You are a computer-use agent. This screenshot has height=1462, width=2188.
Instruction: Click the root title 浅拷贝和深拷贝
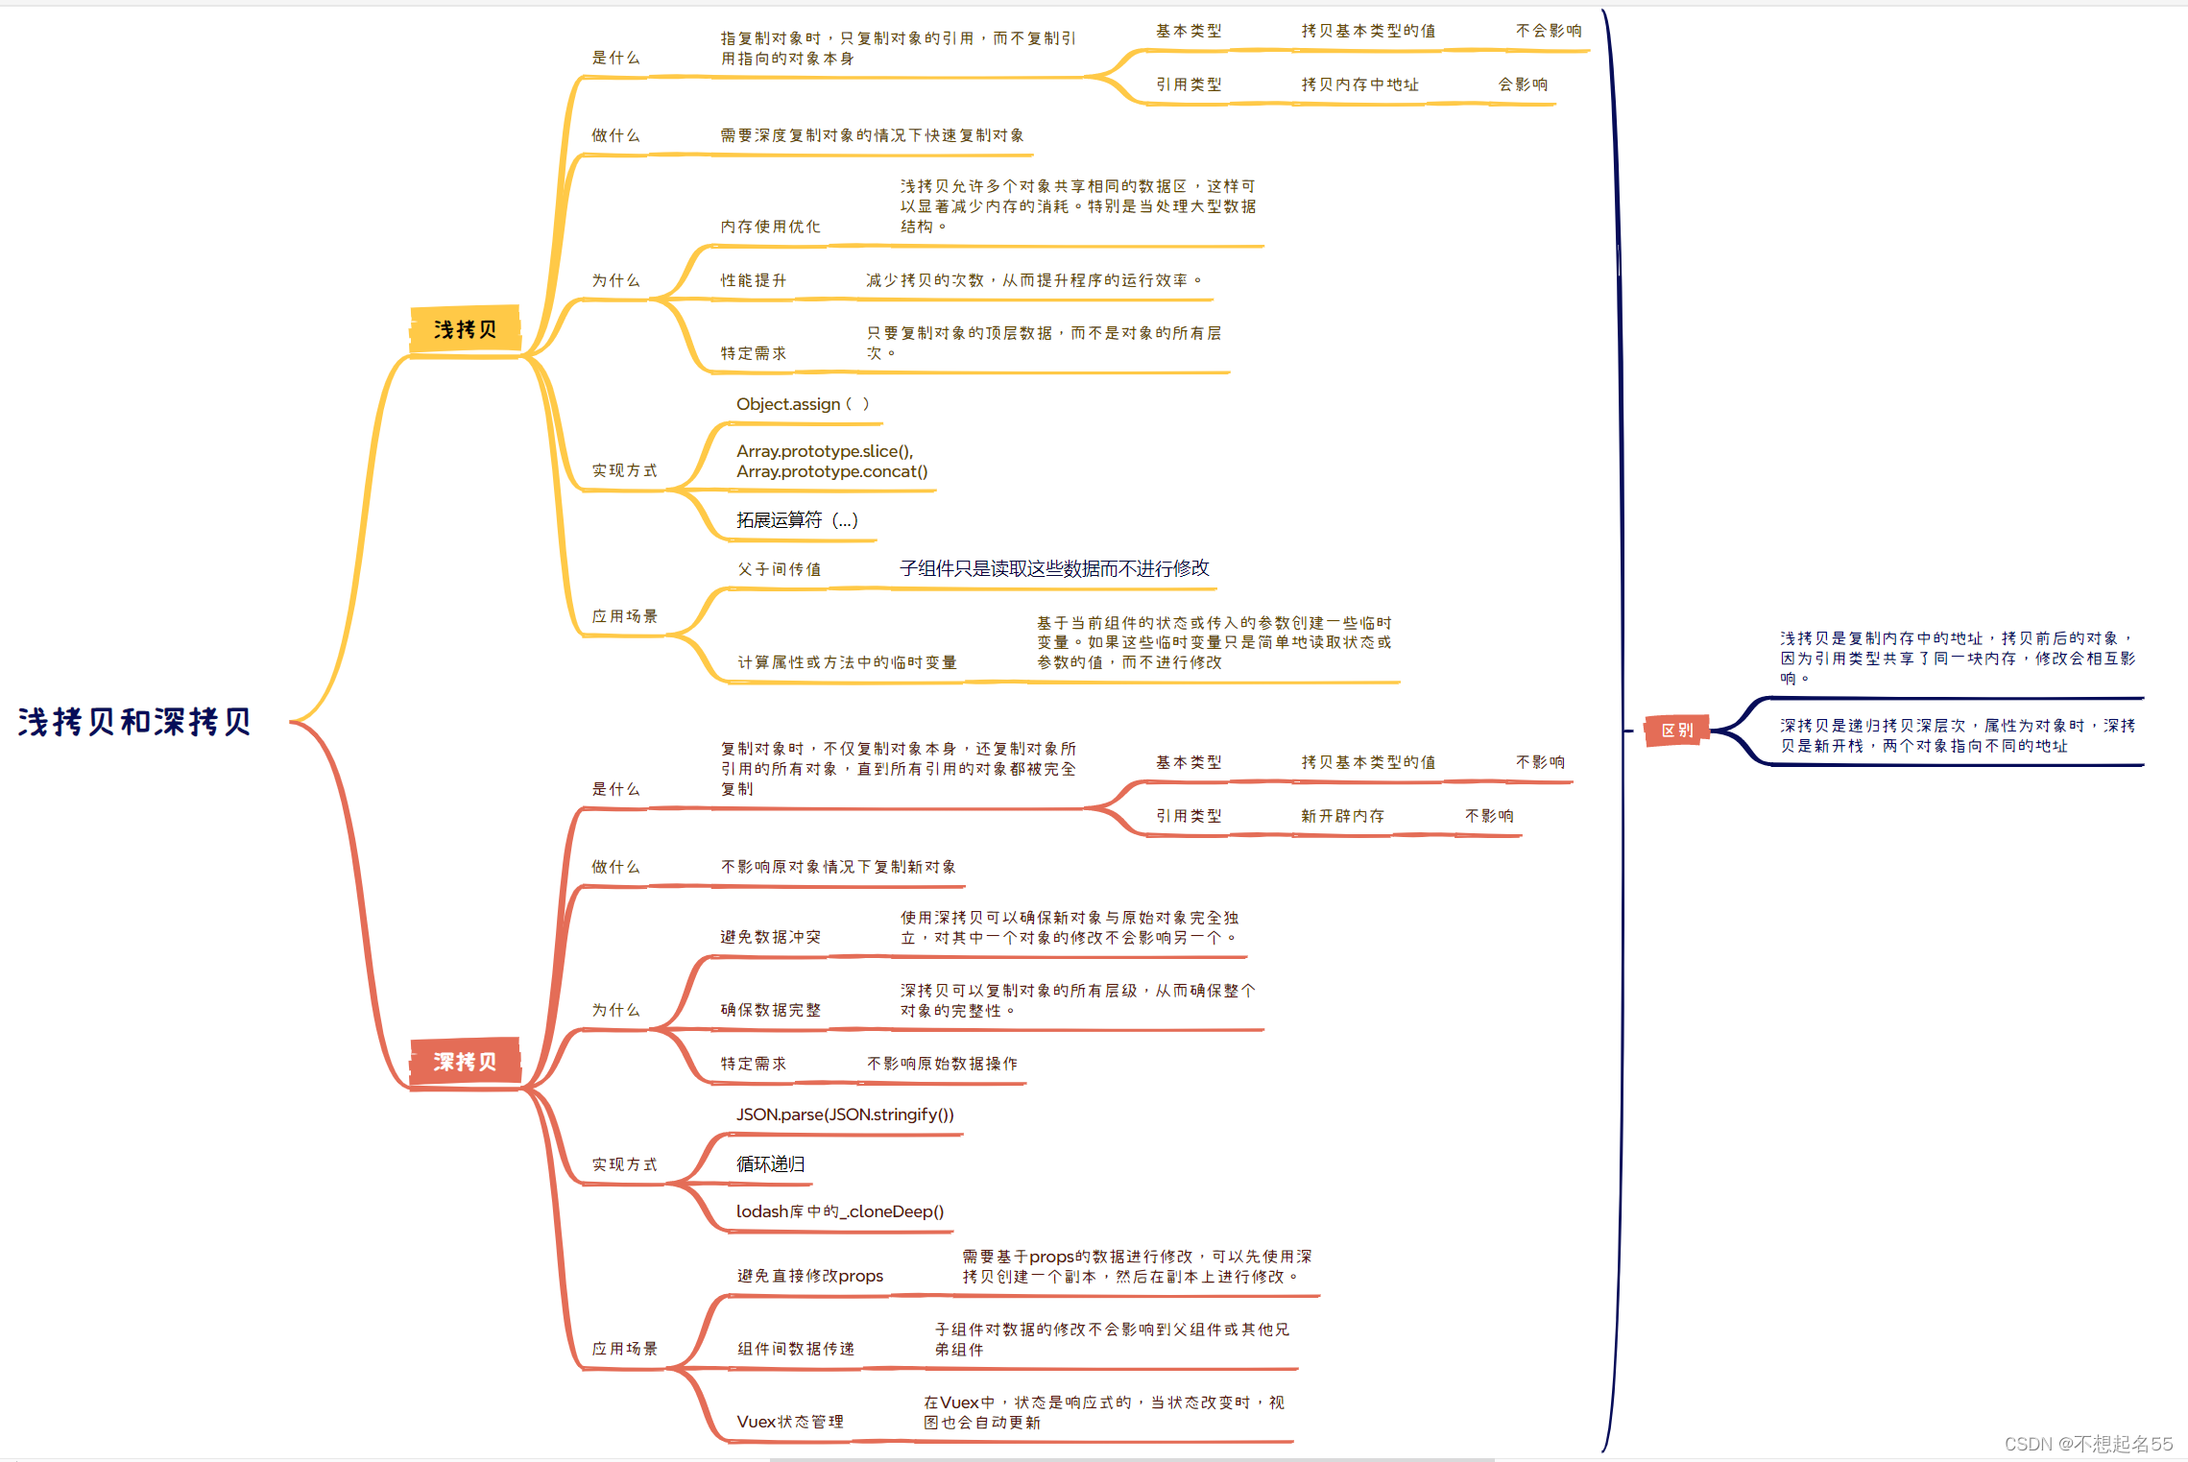134,722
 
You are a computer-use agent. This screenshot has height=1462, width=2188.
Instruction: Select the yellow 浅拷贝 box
466,329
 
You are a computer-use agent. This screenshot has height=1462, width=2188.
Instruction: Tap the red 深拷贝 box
466,1062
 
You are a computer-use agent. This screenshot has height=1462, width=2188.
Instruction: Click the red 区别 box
1676,731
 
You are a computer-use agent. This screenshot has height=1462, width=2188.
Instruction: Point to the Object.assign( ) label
803,404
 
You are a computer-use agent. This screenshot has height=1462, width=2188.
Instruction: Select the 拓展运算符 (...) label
797,520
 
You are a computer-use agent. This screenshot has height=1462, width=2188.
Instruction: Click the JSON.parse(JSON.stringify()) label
845,1114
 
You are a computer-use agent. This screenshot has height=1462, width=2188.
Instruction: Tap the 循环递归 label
771,1164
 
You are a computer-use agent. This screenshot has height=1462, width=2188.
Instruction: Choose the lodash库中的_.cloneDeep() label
840,1211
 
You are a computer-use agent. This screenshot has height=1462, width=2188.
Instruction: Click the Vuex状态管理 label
790,1422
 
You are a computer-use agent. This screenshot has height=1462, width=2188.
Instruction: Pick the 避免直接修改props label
810,1276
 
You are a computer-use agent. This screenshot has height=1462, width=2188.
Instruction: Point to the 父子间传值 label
780,569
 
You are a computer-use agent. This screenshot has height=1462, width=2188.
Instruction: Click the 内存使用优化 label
771,227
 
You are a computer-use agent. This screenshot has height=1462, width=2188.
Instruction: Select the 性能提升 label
754,280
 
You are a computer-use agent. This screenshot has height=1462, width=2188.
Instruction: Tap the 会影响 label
1523,84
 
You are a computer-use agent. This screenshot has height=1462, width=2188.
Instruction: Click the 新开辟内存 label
1342,816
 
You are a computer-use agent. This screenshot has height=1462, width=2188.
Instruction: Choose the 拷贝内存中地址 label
1359,84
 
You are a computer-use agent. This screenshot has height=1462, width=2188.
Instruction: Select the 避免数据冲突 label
771,937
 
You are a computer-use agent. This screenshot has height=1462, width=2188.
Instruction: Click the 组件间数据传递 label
796,1349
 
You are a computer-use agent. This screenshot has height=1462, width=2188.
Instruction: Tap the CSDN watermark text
2087,1444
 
